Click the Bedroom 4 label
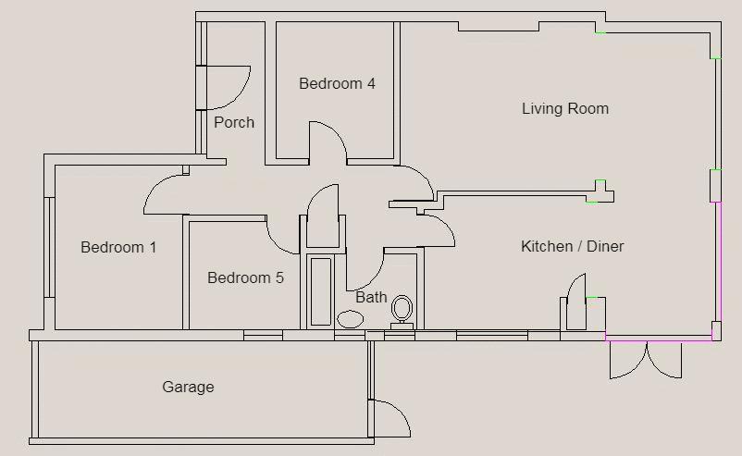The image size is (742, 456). (337, 84)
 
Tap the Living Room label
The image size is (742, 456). (564, 109)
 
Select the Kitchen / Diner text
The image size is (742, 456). (572, 247)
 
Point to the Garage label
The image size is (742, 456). (188, 388)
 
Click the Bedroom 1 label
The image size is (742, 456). (118, 248)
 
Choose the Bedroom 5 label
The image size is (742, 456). (245, 278)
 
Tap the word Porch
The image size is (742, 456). (234, 123)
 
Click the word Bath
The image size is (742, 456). (371, 298)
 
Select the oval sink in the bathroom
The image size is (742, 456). (350, 319)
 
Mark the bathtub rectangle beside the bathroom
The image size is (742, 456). (320, 290)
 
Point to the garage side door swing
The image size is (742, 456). (391, 418)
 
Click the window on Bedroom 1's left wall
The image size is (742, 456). (49, 247)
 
